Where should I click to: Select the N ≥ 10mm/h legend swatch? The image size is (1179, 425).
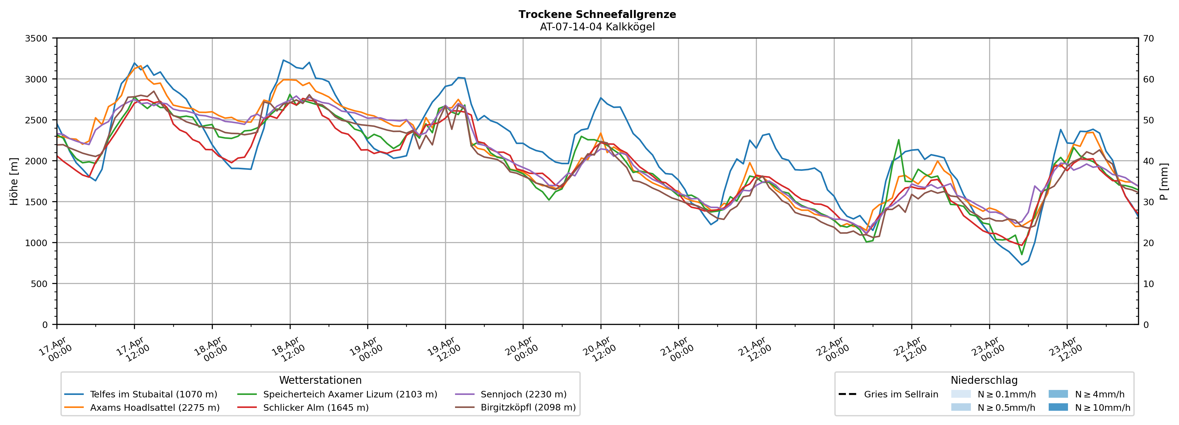(1058, 407)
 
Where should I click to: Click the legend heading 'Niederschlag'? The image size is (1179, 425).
(984, 380)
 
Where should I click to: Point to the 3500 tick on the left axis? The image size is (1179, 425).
(36, 38)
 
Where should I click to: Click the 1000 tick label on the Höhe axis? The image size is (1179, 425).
(36, 243)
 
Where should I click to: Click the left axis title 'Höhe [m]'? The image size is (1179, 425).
(14, 182)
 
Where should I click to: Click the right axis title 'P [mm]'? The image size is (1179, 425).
(1164, 182)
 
